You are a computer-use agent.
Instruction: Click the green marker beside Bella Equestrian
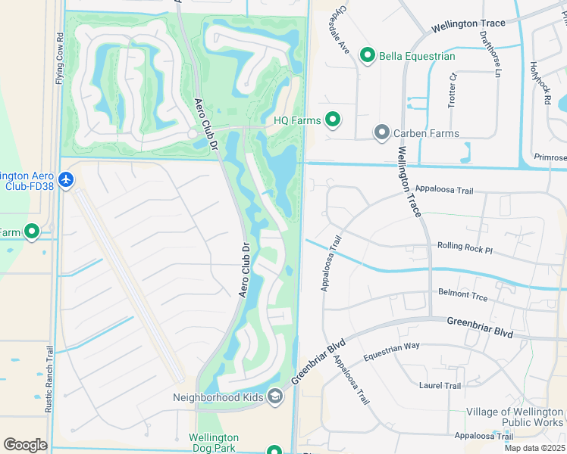pyautogui.click(x=368, y=55)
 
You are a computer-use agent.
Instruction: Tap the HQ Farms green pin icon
pyautogui.click(x=332, y=119)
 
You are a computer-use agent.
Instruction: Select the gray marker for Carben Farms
pyautogui.click(x=382, y=133)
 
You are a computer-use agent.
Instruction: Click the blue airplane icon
pyautogui.click(x=67, y=180)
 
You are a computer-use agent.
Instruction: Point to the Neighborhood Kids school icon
pyautogui.click(x=275, y=396)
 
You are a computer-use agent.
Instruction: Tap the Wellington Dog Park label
pyautogui.click(x=214, y=443)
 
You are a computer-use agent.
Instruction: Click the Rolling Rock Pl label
pyautogui.click(x=465, y=247)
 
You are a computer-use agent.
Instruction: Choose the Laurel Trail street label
pyautogui.click(x=440, y=386)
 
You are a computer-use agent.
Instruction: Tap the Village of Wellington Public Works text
pyautogui.click(x=515, y=418)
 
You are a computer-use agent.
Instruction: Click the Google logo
pyautogui.click(x=25, y=445)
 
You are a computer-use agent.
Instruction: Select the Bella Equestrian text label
pyautogui.click(x=418, y=56)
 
